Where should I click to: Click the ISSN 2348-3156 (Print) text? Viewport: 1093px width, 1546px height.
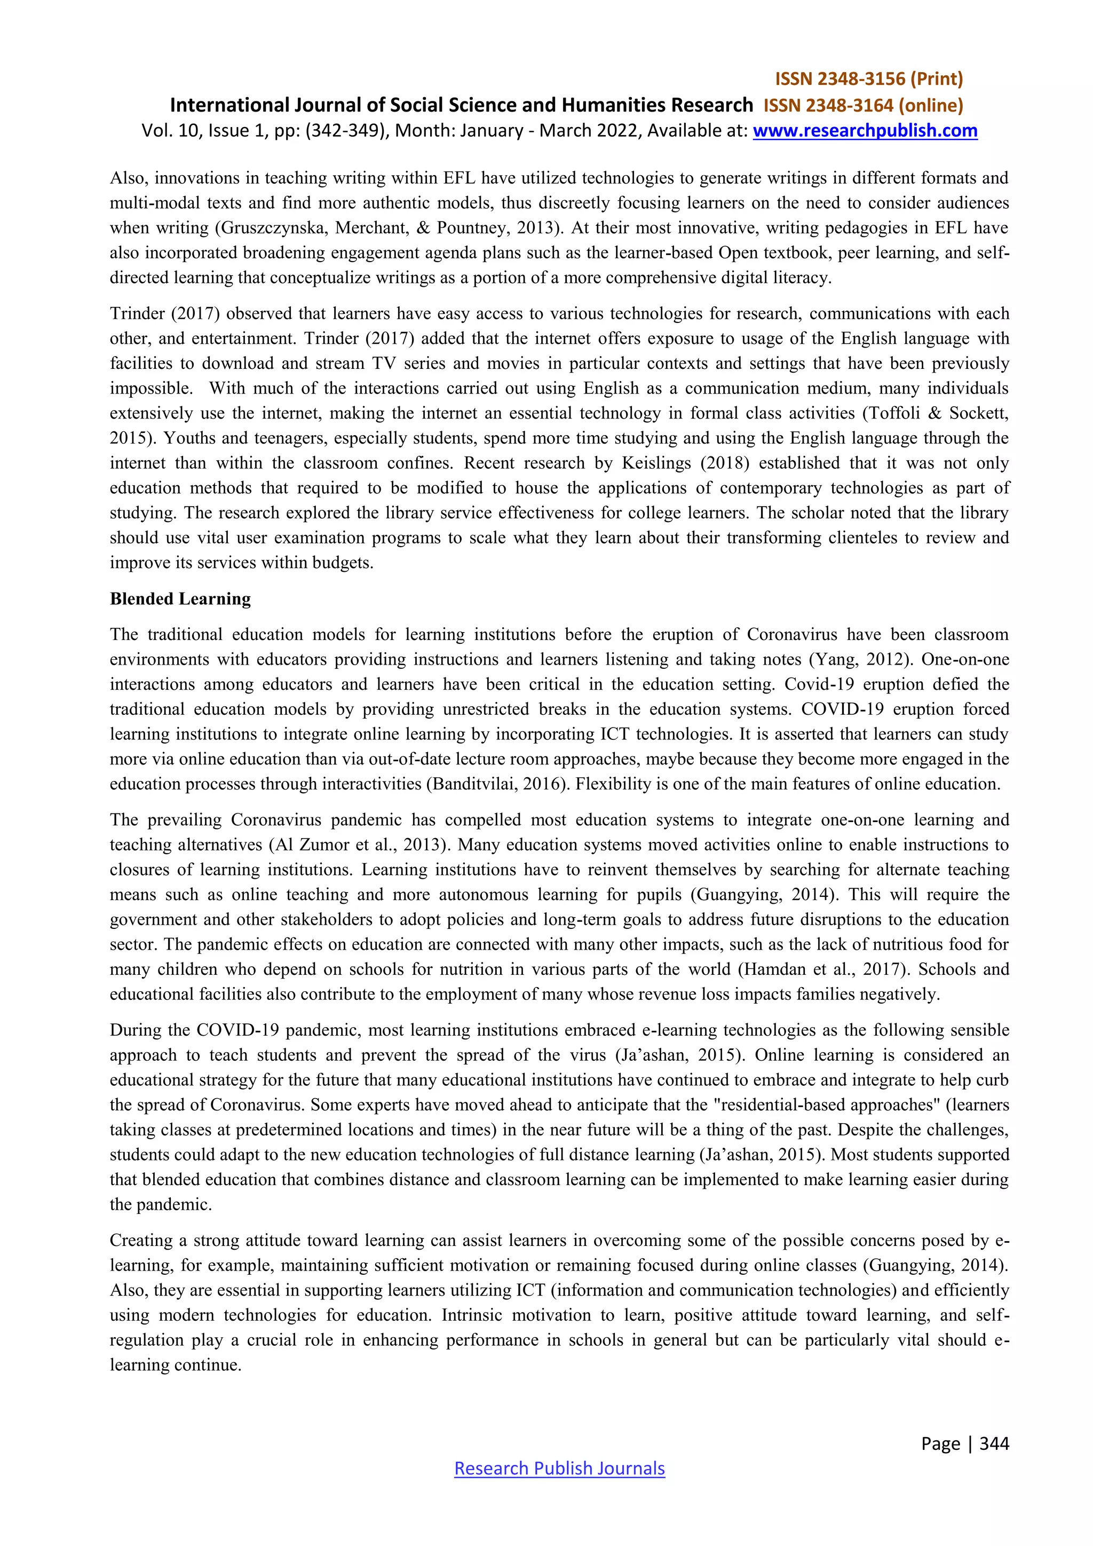point(869,79)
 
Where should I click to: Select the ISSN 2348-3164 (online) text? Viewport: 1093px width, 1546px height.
point(863,105)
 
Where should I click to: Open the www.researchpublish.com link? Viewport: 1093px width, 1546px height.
point(865,131)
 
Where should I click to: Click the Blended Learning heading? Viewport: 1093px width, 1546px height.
point(180,598)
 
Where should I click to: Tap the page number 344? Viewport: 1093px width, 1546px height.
point(994,1443)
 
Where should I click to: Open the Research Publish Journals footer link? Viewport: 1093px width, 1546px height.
point(559,1468)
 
